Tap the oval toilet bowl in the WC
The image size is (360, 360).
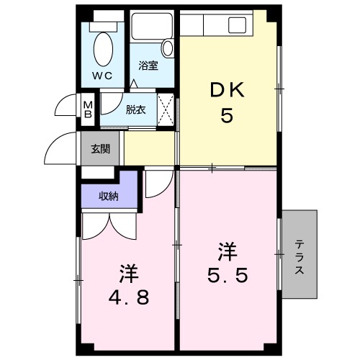coord(103,50)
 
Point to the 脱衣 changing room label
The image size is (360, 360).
coord(135,109)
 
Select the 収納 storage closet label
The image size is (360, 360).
coord(109,196)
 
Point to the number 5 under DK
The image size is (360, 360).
coord(227,116)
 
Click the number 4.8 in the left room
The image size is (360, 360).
coord(130,297)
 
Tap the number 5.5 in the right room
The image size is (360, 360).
coord(229,275)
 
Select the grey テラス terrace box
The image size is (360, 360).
coord(300,255)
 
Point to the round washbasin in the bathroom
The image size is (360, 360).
coord(167,48)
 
